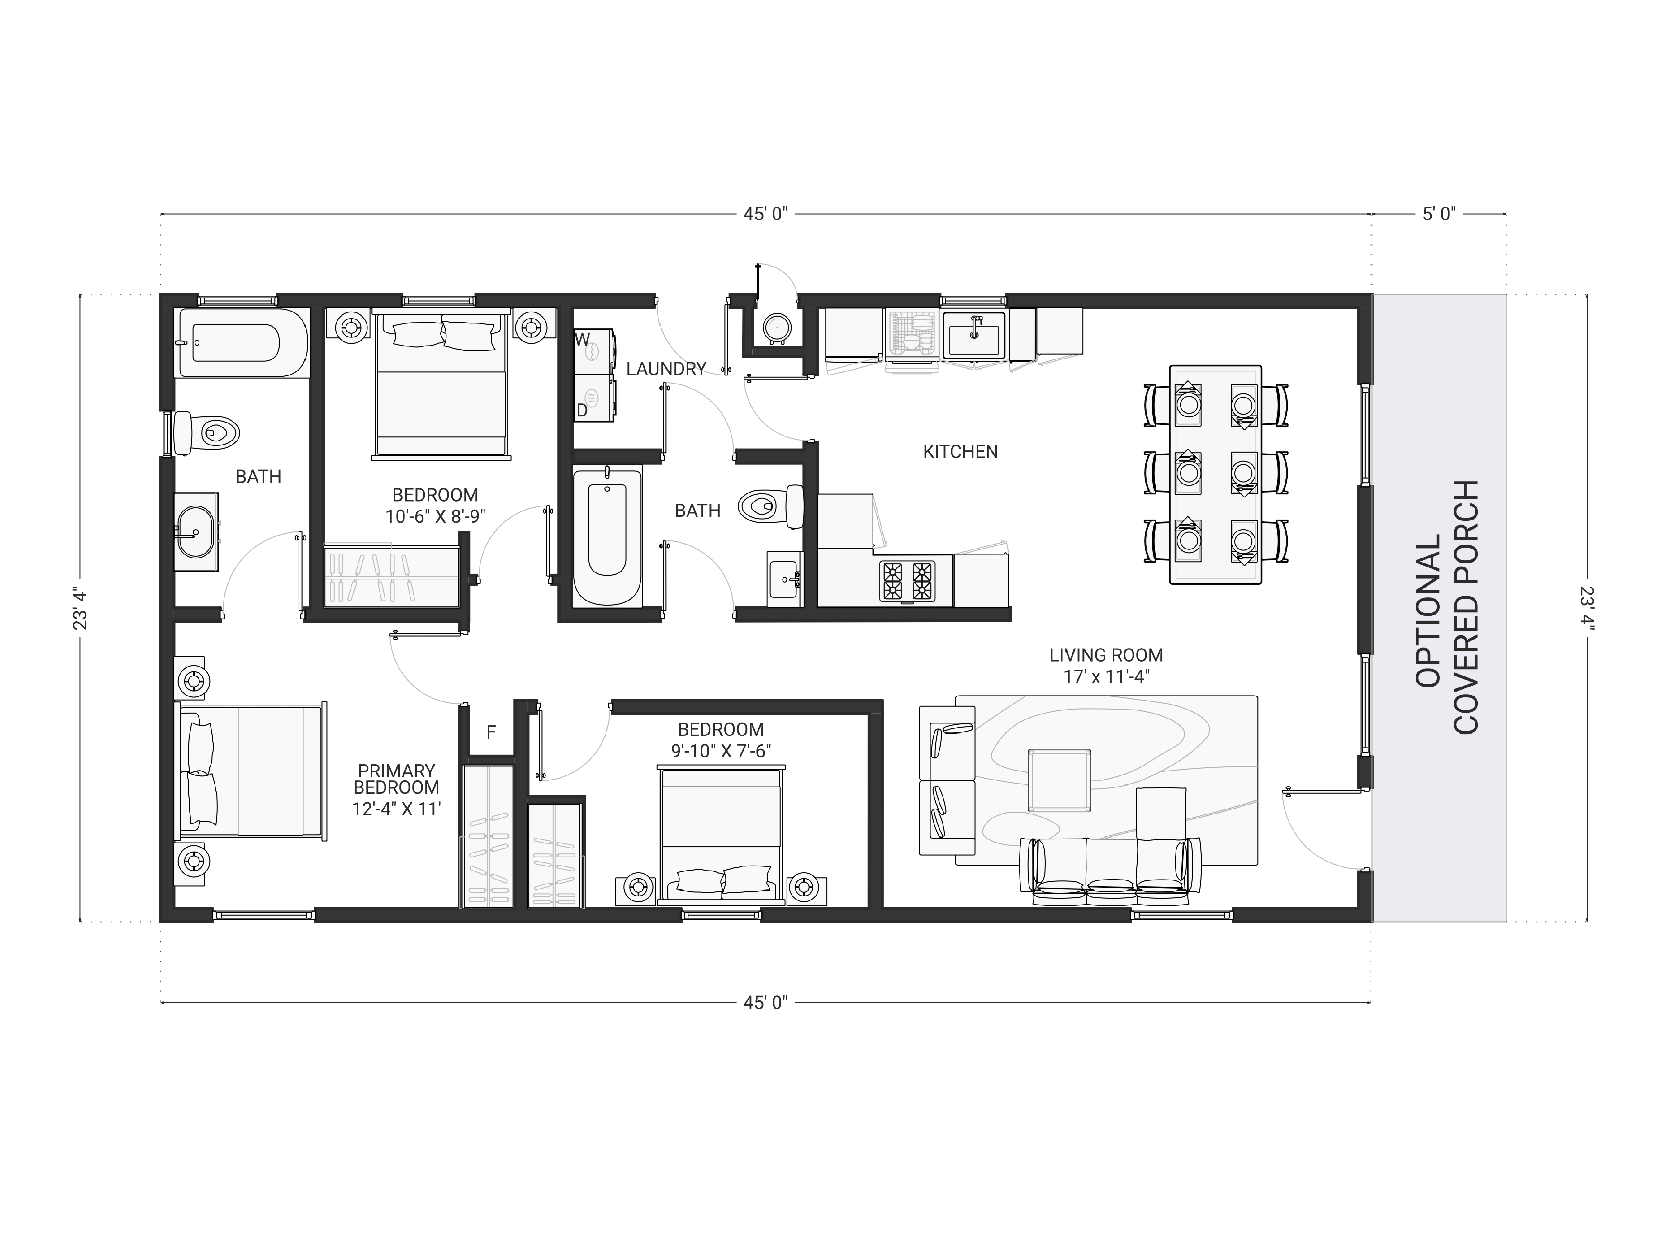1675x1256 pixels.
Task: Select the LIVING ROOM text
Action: tap(1106, 655)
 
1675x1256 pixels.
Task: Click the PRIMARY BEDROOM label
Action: tap(396, 779)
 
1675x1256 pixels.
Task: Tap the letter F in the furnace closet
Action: tap(491, 732)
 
